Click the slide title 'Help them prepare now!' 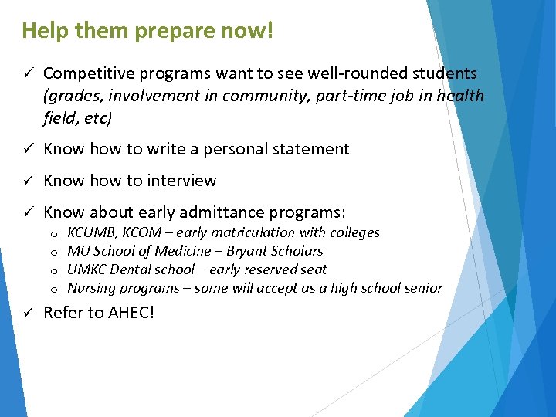click(147, 32)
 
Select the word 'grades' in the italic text click(73, 96)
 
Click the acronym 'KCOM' click(147, 232)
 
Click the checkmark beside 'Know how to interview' click(26, 181)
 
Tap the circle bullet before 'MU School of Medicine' click(54, 252)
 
